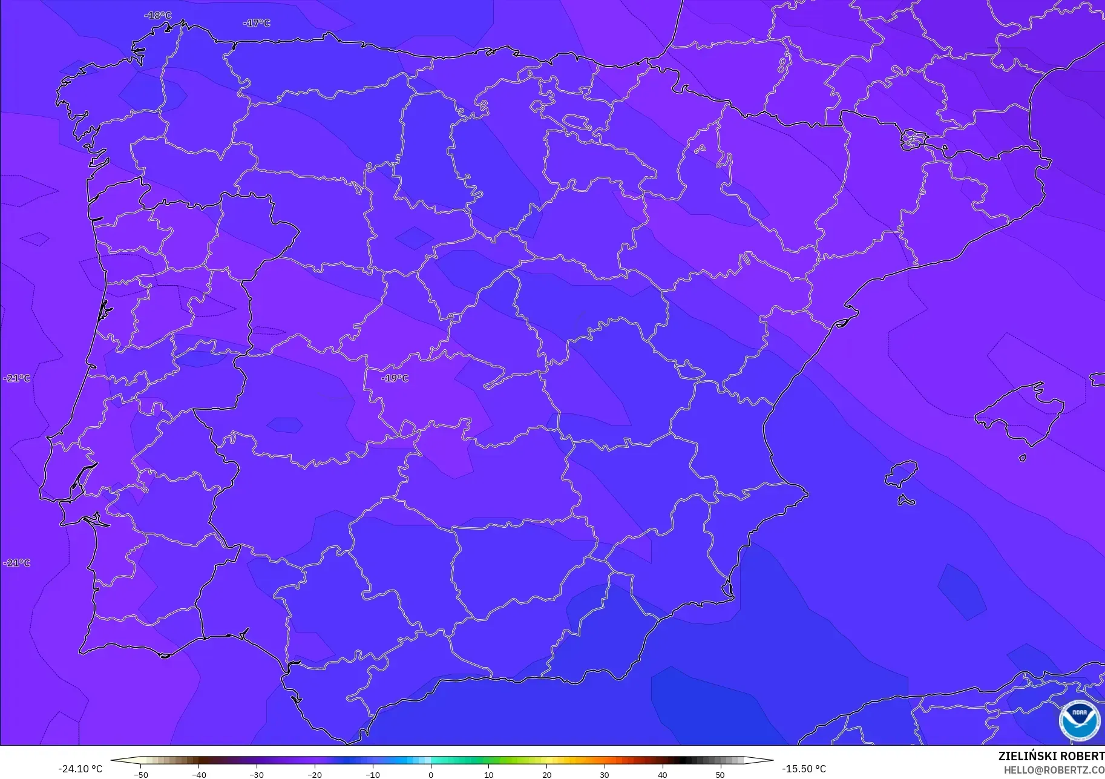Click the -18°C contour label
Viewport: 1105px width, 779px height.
158,16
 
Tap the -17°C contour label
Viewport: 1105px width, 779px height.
257,23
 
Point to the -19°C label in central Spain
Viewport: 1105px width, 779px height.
395,378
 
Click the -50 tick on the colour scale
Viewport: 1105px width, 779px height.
140,774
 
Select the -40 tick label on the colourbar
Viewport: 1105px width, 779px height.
198,774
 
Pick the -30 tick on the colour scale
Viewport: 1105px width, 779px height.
257,774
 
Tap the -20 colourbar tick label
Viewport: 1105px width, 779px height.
315,774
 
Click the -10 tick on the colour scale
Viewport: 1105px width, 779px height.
373,774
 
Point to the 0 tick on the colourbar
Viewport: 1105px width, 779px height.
431,774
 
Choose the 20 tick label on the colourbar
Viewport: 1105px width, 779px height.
547,774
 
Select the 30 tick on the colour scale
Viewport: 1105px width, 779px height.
605,774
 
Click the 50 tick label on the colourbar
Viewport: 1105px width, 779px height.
720,774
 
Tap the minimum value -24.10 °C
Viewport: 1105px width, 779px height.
80,769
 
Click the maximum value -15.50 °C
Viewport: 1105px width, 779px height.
804,769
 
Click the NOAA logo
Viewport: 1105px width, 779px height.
1080,720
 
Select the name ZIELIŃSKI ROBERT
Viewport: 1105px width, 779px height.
1051,757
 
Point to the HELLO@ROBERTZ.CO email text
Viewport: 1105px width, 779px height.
1054,770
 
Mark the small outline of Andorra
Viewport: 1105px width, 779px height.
913,139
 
